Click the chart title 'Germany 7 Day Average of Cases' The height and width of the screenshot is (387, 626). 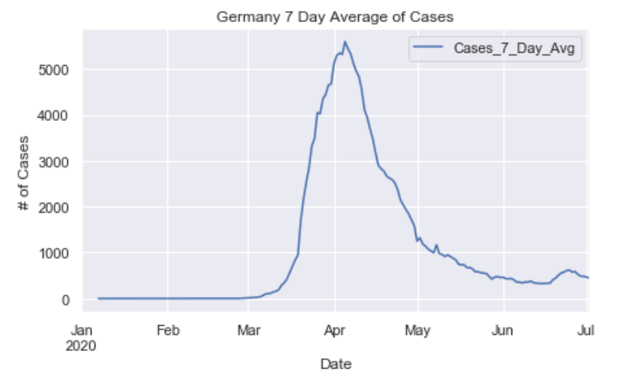[x=335, y=16]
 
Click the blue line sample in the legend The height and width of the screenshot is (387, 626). [x=428, y=50]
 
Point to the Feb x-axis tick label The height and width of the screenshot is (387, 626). [x=168, y=330]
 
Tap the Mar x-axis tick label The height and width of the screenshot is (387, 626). [x=248, y=330]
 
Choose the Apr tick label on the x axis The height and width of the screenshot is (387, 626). [x=334, y=330]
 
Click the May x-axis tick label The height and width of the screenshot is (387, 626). [x=418, y=330]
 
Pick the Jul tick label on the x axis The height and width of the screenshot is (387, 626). [x=586, y=330]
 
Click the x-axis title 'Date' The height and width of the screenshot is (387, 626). [x=335, y=364]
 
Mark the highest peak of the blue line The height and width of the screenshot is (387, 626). [x=345, y=41]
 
